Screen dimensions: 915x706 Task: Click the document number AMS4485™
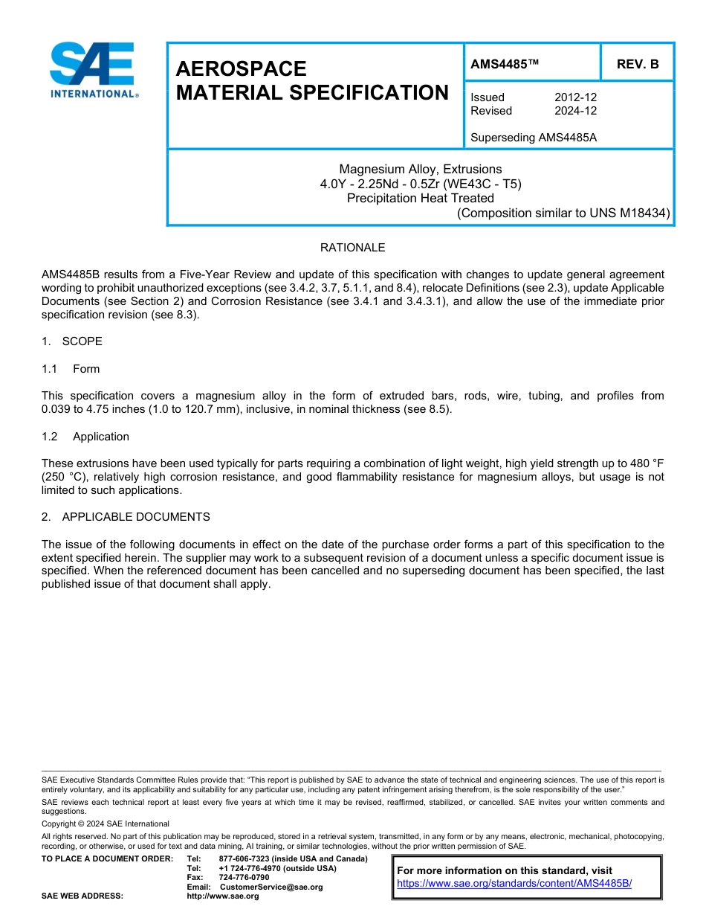point(504,65)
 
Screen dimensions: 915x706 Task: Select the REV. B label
point(638,65)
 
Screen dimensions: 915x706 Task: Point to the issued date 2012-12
point(575,97)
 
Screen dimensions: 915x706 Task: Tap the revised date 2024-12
point(575,111)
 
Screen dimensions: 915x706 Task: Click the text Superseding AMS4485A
point(534,138)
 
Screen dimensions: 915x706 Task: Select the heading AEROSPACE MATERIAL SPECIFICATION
point(311,81)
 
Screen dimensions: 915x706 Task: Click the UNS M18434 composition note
point(563,213)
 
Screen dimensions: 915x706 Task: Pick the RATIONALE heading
point(352,248)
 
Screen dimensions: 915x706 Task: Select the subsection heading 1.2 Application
point(85,437)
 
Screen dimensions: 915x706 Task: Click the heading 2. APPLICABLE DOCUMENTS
point(126,517)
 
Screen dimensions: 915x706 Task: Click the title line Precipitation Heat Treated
point(420,198)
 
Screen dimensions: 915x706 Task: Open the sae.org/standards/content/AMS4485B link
point(514,884)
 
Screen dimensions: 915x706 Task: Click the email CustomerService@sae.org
point(271,887)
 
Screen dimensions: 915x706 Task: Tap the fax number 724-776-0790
point(244,878)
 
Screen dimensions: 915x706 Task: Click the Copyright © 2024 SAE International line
point(106,823)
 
